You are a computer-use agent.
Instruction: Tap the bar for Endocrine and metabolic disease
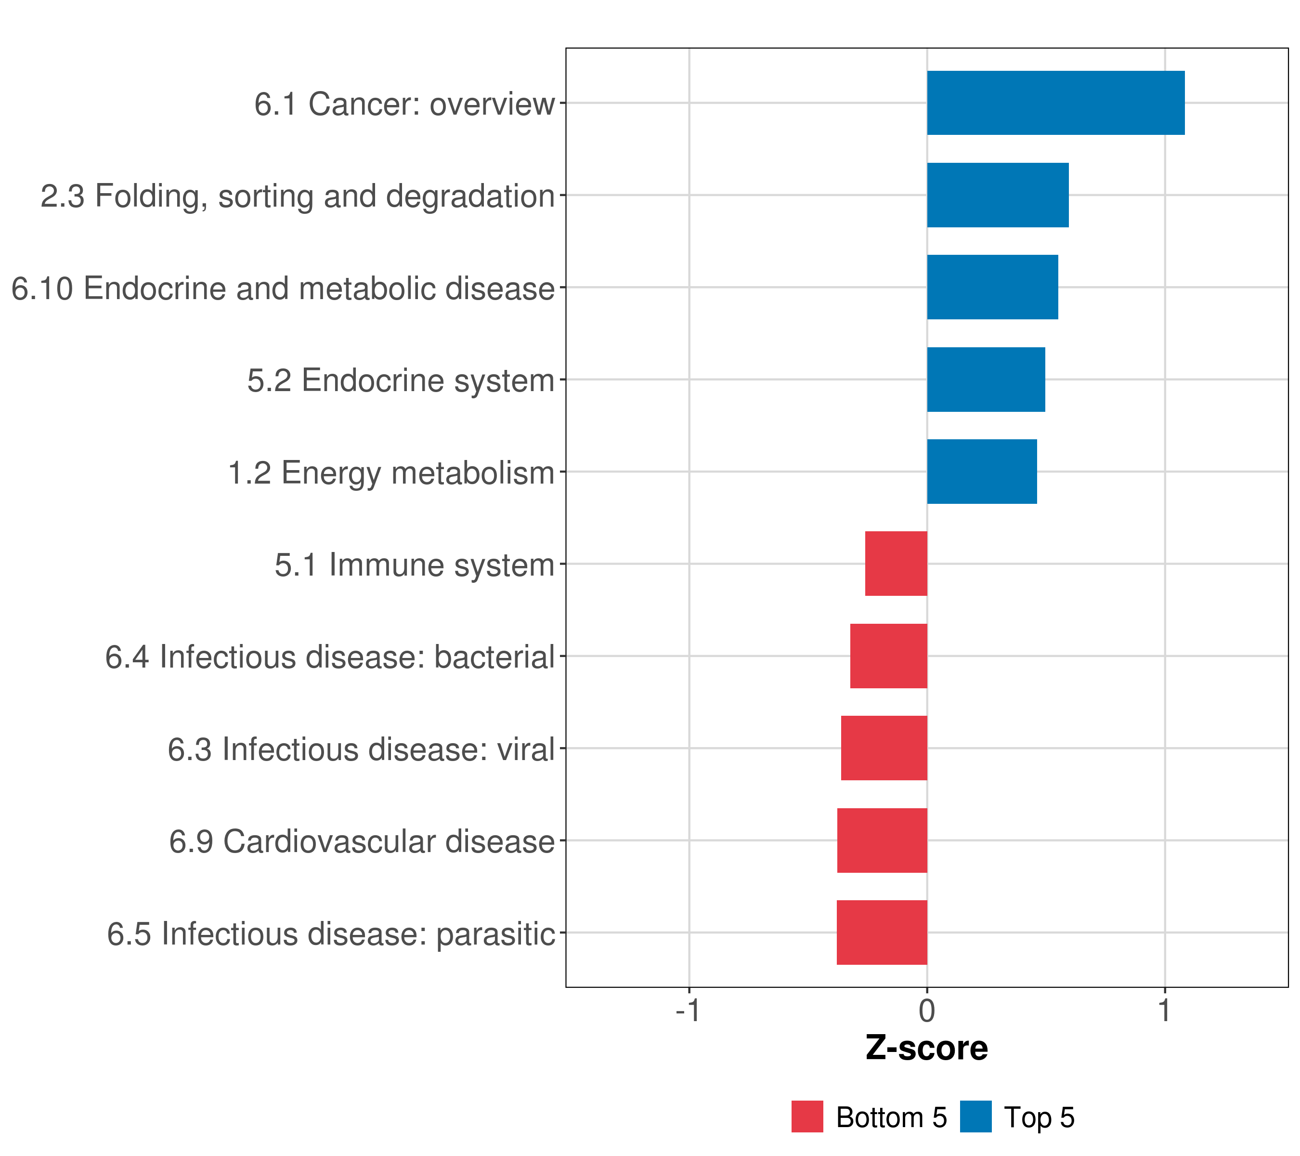[x=992, y=287]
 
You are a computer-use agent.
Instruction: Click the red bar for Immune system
[x=896, y=564]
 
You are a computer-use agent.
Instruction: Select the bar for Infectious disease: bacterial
[x=888, y=656]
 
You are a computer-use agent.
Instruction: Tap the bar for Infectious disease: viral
[x=884, y=748]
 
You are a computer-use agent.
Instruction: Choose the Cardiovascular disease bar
[x=882, y=841]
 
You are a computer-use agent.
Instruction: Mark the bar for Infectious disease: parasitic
[x=882, y=933]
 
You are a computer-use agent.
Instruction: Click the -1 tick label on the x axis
[x=688, y=1011]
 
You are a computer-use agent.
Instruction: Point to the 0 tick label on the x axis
[x=927, y=1011]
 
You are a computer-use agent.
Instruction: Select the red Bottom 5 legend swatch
[x=807, y=1117]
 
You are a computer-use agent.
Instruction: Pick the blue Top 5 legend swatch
[x=975, y=1117]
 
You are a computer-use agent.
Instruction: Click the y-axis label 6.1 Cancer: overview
[x=404, y=104]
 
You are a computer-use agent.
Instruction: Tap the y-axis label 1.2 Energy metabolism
[x=391, y=473]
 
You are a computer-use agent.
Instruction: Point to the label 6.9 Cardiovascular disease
[x=362, y=841]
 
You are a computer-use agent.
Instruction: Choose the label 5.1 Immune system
[x=415, y=565]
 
